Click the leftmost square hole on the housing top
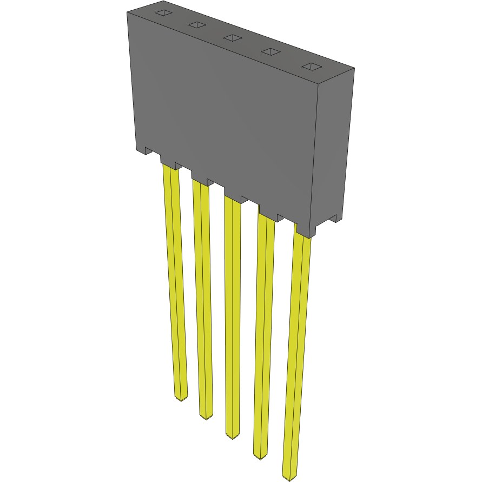pos(163,12)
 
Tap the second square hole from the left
pos(197,25)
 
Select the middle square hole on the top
pos(233,37)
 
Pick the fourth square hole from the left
pos(271,51)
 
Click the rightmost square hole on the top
pos(312,66)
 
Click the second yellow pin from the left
pos(202,298)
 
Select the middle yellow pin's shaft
pos(233,314)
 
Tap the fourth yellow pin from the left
pos(263,330)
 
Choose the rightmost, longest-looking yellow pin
pos(296,352)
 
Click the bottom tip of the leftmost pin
pos(181,398)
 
